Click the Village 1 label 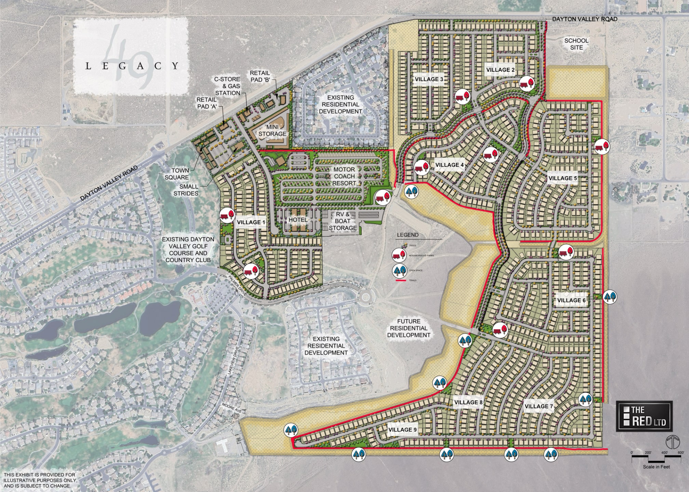point(251,222)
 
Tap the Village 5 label point(563,178)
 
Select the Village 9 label point(402,430)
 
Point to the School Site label point(576,44)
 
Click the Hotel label point(298,220)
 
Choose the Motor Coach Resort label point(344,176)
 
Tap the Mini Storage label point(272,131)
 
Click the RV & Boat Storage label point(343,221)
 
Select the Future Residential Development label point(409,328)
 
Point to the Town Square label point(176,174)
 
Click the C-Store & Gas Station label point(227,86)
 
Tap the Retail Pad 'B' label point(260,77)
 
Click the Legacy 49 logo point(131,57)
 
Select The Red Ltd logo point(644,416)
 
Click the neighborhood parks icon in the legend point(398,255)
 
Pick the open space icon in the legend point(398,271)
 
